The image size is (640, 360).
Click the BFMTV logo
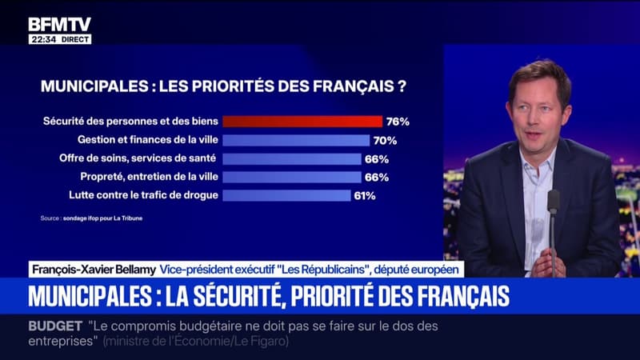coord(59,24)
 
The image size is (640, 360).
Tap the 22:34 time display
coord(42,39)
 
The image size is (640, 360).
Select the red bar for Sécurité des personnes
coord(302,122)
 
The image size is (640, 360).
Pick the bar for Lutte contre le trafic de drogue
coord(286,195)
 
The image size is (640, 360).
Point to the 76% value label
coord(398,122)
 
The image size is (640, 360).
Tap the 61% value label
coord(365,195)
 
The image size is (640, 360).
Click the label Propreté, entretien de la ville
coord(140,177)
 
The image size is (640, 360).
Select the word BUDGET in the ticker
coord(57,326)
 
